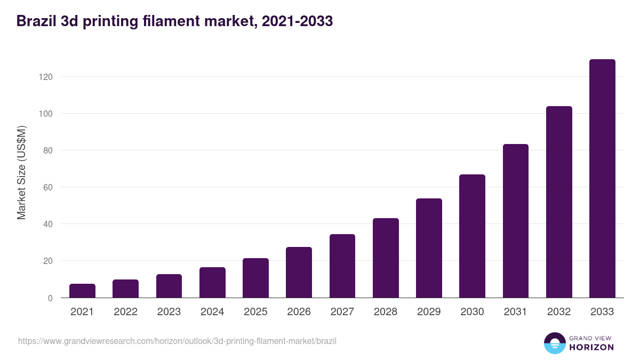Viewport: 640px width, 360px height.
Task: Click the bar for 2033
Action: coord(602,179)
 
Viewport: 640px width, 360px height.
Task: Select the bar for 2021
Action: coord(82,291)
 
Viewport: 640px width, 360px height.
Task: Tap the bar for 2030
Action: coord(472,236)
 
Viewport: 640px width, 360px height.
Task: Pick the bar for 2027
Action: coord(342,266)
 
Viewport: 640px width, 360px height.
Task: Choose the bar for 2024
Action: coord(212,283)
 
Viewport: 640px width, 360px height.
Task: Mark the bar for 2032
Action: coord(559,202)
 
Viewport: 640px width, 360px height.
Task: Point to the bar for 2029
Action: coord(429,248)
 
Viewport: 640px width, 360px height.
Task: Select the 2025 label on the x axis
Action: coord(255,312)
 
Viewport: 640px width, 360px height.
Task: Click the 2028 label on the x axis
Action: coord(386,312)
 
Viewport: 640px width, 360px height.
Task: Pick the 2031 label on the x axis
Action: coord(516,312)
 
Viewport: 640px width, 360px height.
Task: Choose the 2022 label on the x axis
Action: coord(125,312)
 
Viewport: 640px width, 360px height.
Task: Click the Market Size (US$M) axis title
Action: coord(21,172)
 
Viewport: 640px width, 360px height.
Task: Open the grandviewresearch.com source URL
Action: coord(177,341)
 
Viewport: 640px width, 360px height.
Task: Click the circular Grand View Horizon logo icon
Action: coord(555,343)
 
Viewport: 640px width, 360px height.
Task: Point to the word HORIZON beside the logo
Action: coord(591,347)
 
